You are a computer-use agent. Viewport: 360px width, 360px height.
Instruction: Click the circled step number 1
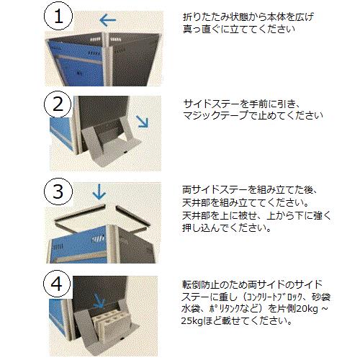58,17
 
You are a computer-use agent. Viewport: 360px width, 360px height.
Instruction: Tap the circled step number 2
58,104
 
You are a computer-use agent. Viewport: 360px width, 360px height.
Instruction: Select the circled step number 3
58,192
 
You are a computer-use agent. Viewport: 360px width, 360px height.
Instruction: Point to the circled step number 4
57,284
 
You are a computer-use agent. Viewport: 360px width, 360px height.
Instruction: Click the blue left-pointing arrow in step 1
107,20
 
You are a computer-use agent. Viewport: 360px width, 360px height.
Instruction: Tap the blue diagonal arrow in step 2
142,121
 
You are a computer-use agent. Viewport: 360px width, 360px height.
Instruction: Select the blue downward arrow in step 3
99,192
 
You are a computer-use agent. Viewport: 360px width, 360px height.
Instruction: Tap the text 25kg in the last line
192,320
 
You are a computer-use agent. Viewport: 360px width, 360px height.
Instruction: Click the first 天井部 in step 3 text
197,203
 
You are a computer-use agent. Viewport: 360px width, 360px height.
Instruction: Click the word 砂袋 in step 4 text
321,297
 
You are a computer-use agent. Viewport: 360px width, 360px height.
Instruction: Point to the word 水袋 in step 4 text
191,309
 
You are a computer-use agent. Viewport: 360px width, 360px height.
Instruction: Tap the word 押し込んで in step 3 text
206,228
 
